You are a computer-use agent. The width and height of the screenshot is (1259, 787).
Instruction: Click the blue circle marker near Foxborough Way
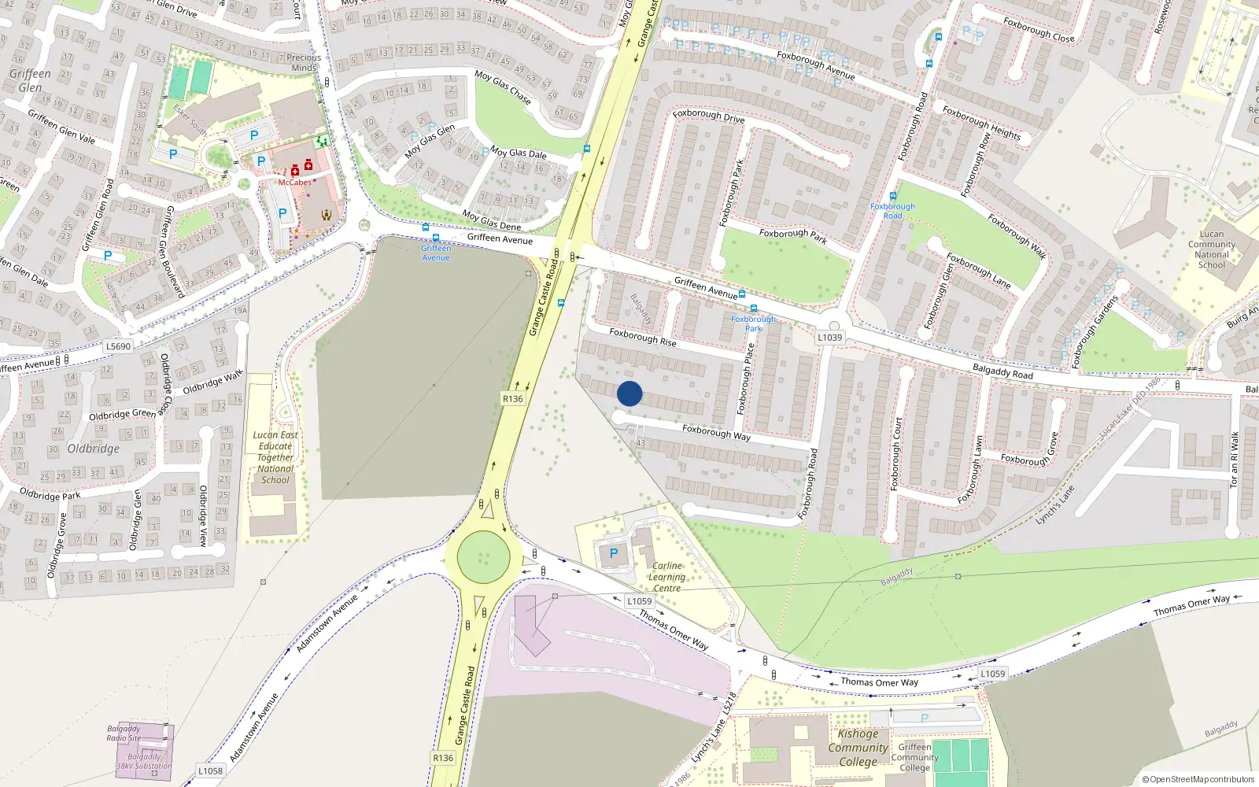[629, 393]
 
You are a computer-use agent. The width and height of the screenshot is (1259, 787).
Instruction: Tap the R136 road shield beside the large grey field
[513, 399]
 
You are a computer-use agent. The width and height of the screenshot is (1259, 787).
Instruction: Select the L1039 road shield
[829, 338]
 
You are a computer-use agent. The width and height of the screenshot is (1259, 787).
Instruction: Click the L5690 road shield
[118, 346]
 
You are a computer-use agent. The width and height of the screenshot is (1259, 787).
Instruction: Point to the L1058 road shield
[210, 770]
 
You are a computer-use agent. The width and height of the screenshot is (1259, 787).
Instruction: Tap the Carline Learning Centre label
[666, 577]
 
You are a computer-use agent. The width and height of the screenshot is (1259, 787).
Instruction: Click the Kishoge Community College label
[858, 748]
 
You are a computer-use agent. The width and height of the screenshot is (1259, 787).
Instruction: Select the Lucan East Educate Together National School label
[275, 457]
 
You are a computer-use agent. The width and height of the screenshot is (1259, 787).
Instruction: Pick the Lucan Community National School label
[1212, 249]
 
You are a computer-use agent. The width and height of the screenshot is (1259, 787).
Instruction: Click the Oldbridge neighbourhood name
[94, 449]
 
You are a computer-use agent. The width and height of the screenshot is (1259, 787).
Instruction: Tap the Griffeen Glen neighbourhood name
[30, 80]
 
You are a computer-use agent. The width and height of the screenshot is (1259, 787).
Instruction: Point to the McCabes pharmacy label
[294, 183]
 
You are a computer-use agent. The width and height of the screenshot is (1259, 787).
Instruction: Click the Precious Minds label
[304, 62]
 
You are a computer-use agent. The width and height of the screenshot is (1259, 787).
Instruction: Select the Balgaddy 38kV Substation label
[144, 761]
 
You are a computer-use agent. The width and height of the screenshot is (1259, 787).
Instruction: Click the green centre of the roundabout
[483, 557]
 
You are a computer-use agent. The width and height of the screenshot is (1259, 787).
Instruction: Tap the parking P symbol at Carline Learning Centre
[614, 554]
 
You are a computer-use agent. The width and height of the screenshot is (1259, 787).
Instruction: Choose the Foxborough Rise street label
[643, 337]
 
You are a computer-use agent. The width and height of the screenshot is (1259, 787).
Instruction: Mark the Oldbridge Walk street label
[212, 382]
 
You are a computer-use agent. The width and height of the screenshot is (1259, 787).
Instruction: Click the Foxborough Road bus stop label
[892, 211]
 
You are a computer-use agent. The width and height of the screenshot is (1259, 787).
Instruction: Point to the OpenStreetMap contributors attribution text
[1198, 780]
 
